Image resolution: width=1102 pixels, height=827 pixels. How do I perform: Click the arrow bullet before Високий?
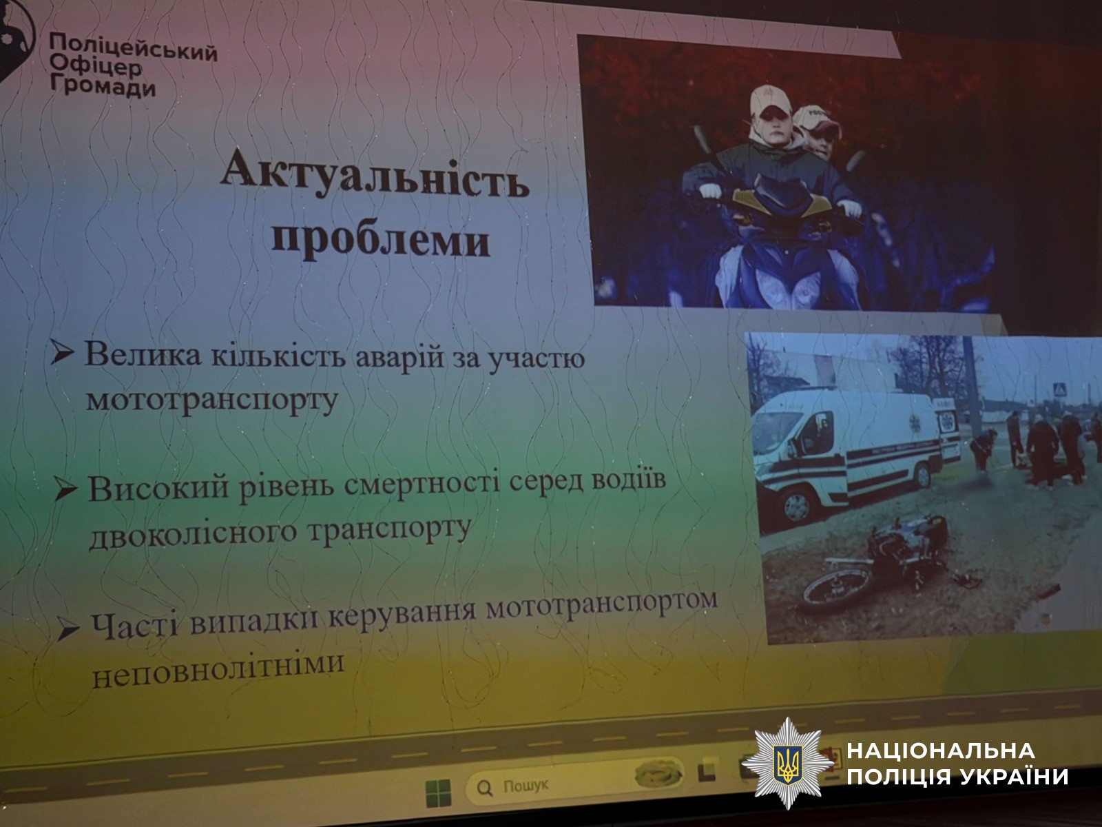tap(65, 487)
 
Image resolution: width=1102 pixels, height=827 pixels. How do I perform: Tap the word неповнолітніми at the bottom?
tap(218, 670)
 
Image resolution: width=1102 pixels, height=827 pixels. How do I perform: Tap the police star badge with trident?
tap(787, 763)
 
